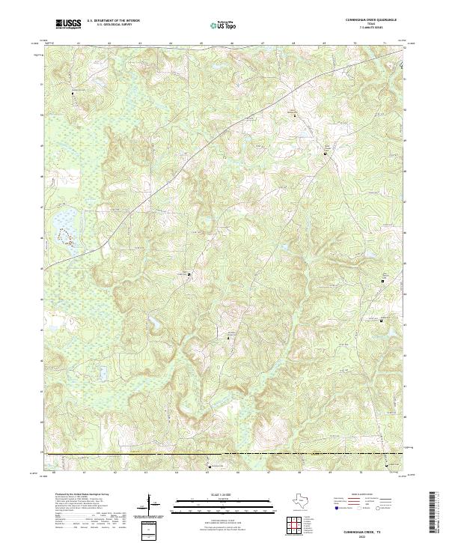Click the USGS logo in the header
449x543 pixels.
pyautogui.click(x=70, y=25)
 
